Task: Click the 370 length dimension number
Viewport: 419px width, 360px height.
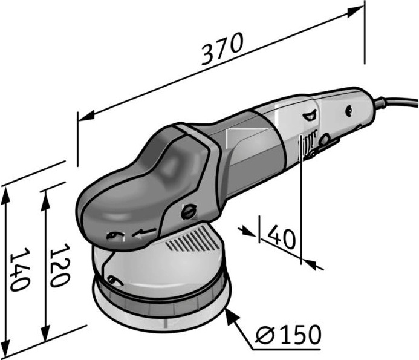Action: point(222,48)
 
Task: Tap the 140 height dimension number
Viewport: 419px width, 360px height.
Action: point(19,270)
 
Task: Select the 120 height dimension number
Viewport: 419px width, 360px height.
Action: point(60,266)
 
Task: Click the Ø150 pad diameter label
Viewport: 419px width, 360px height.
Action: point(288,335)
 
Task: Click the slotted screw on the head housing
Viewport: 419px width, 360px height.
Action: point(189,212)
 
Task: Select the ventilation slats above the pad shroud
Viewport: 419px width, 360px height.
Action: point(193,240)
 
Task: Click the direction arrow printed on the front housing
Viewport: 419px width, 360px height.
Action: point(144,233)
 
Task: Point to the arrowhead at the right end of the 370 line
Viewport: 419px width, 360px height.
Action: point(356,12)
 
